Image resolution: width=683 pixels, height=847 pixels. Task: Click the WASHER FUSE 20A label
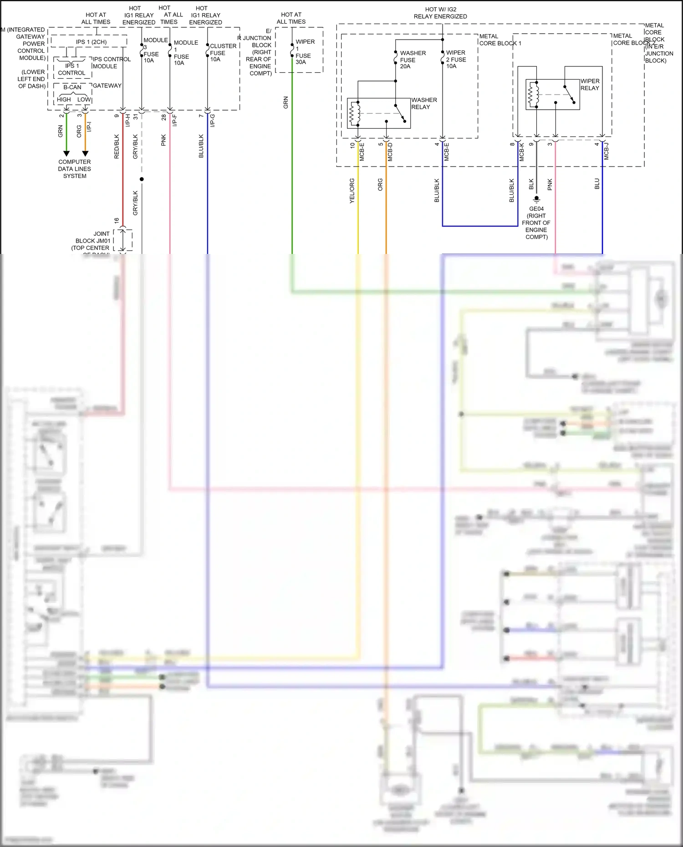[412, 60]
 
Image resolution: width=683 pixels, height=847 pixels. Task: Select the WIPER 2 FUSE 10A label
[455, 59]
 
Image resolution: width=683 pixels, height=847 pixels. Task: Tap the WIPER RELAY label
[590, 85]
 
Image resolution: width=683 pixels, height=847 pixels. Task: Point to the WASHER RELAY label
[423, 103]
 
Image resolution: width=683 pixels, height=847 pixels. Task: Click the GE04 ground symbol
[536, 199]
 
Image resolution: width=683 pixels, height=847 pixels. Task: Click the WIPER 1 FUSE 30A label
[304, 52]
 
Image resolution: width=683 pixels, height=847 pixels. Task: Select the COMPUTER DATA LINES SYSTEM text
[75, 169]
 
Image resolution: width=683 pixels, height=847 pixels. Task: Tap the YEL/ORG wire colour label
[352, 190]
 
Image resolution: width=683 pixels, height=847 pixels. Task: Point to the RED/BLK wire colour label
[117, 146]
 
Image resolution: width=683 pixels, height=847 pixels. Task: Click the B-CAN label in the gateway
[72, 87]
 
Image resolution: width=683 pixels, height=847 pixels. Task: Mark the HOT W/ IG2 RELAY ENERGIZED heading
[440, 13]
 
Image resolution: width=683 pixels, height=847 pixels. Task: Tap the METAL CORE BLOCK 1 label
[500, 40]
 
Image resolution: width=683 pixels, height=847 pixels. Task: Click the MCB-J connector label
[607, 151]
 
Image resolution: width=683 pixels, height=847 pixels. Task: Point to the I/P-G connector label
[212, 120]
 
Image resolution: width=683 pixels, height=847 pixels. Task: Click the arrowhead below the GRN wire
[66, 153]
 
